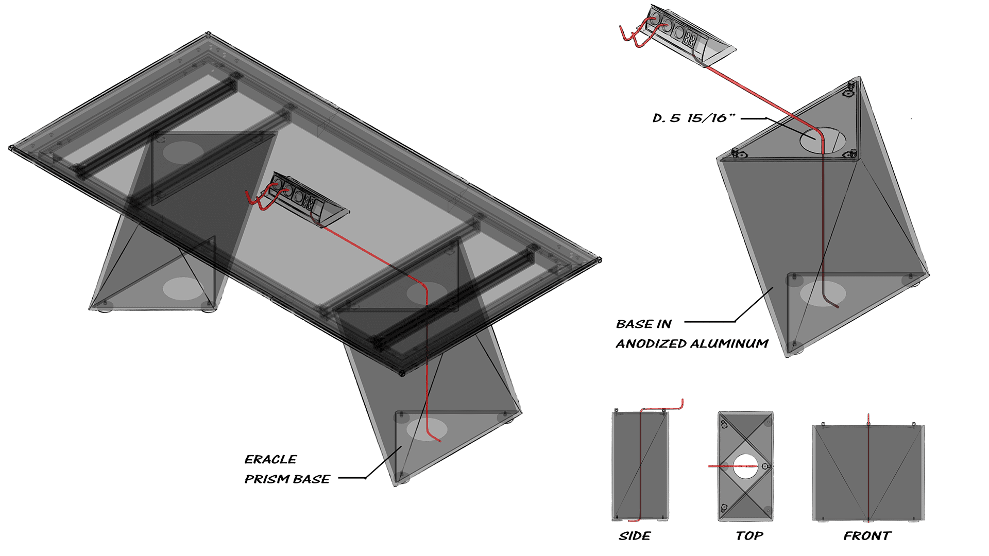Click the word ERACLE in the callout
click(270, 459)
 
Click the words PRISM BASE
click(287, 479)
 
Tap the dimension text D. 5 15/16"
click(693, 118)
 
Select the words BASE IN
click(644, 324)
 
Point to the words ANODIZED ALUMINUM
click(692, 343)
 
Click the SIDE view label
click(635, 536)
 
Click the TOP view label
click(749, 536)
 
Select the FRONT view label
click(867, 536)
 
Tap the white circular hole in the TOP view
click(745, 466)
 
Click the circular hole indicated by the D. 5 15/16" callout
click(823, 140)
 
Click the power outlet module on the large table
click(308, 198)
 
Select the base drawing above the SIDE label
click(640, 465)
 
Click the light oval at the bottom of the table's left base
click(183, 288)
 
